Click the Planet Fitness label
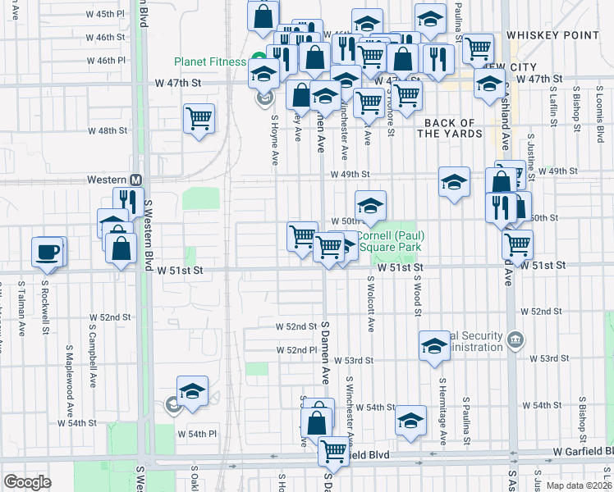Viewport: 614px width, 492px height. point(210,61)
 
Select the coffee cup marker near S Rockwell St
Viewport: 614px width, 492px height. point(48,251)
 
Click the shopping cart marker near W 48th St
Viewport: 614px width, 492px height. point(199,120)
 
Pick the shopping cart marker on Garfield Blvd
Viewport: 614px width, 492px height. point(333,451)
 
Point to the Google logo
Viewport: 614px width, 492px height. point(27,482)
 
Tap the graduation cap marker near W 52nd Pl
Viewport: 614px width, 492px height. point(434,346)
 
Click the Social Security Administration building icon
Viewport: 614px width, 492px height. point(515,339)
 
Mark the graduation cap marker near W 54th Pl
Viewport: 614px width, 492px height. point(192,392)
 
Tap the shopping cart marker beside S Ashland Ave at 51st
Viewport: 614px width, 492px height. point(517,244)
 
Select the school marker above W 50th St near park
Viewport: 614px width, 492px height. point(370,207)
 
